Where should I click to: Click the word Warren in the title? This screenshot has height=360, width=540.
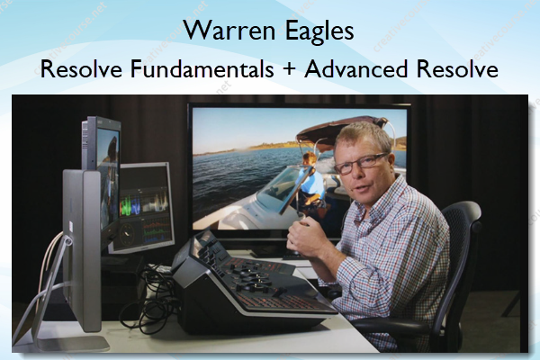click(x=229, y=31)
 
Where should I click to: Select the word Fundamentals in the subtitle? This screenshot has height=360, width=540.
click(x=202, y=69)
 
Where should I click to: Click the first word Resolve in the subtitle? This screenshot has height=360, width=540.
click(x=81, y=69)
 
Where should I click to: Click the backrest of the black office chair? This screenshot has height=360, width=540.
click(x=462, y=248)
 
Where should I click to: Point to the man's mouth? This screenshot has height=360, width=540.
click(x=359, y=188)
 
